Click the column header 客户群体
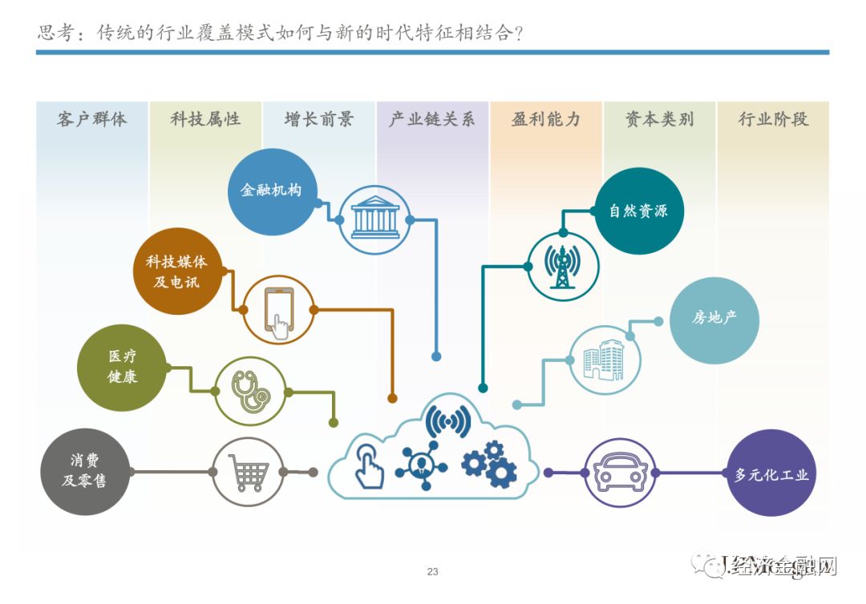pyautogui.click(x=91, y=120)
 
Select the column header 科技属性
pyautogui.click(x=205, y=120)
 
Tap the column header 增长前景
pyautogui.click(x=318, y=120)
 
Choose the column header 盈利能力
pyautogui.click(x=545, y=120)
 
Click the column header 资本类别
pyautogui.click(x=659, y=120)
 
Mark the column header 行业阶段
pyautogui.click(x=773, y=120)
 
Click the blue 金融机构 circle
pyautogui.click(x=273, y=191)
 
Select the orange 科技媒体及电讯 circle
pyautogui.click(x=176, y=272)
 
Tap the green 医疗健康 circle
pyautogui.click(x=122, y=367)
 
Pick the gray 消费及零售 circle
pyautogui.click(x=85, y=471)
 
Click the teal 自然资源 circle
pyautogui.click(x=638, y=211)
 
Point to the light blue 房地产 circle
pyautogui.click(x=714, y=320)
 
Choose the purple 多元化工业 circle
pyautogui.click(x=771, y=473)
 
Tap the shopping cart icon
pyautogui.click(x=249, y=472)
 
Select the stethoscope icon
pyautogui.click(x=250, y=391)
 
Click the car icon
pyautogui.click(x=620, y=473)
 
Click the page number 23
pyautogui.click(x=433, y=572)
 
